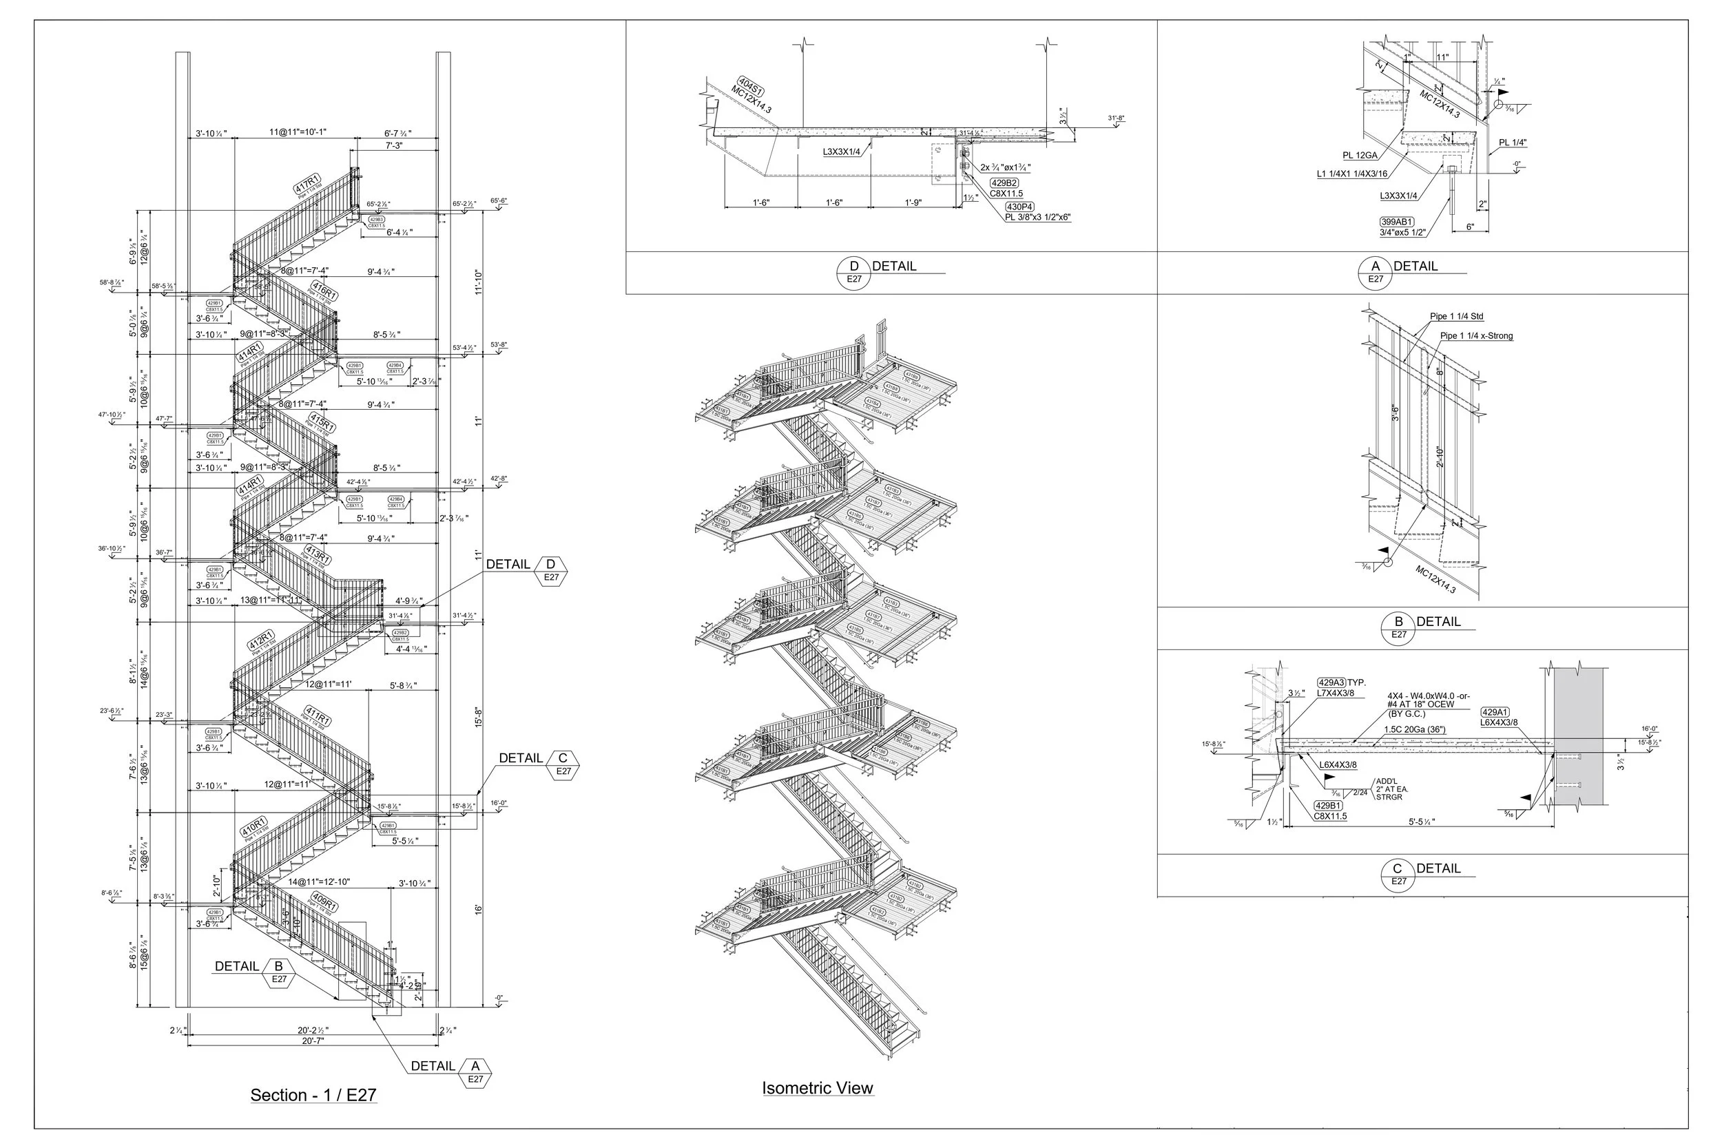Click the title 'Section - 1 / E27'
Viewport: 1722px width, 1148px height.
pyautogui.click(x=313, y=1095)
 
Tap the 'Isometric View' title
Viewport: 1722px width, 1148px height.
pyautogui.click(x=818, y=1088)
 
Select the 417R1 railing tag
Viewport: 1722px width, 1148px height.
pyautogui.click(x=307, y=184)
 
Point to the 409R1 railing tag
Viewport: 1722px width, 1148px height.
pyautogui.click(x=324, y=900)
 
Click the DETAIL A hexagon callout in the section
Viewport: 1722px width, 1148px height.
pyautogui.click(x=475, y=1072)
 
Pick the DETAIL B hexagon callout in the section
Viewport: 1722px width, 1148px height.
pyautogui.click(x=278, y=972)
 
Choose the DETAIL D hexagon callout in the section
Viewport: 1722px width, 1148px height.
pyautogui.click(x=551, y=570)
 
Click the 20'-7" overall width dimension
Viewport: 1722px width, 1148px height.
pyautogui.click(x=312, y=1041)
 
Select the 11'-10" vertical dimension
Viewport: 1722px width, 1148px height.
pyautogui.click(x=479, y=282)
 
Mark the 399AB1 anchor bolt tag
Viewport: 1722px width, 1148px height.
pyautogui.click(x=1397, y=222)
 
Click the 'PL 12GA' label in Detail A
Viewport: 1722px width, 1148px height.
pyautogui.click(x=1360, y=156)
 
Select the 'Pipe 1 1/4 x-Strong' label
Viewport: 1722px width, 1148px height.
pyautogui.click(x=1476, y=337)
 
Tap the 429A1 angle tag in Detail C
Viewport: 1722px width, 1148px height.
pyautogui.click(x=1494, y=711)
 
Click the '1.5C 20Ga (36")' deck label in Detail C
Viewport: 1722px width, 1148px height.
pyautogui.click(x=1415, y=730)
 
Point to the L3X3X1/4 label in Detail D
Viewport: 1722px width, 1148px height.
pyautogui.click(x=842, y=152)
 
